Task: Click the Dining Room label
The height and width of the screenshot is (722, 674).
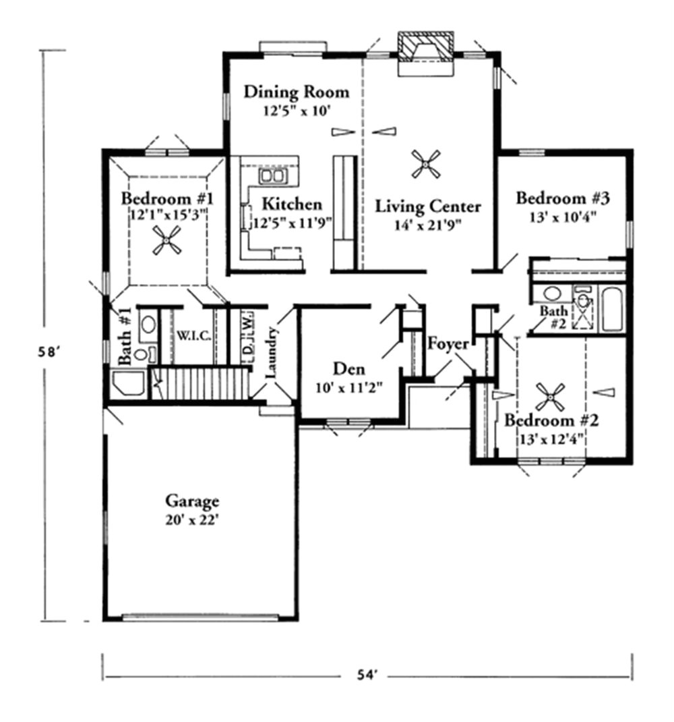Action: tap(297, 91)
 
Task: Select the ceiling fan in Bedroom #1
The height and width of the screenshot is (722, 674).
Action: tap(166, 240)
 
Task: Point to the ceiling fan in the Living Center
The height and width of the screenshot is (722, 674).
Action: tap(427, 163)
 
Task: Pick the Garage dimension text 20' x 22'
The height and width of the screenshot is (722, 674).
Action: tap(193, 520)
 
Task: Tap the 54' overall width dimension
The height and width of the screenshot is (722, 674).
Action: tap(367, 674)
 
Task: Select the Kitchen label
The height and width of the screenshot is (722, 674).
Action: tap(291, 204)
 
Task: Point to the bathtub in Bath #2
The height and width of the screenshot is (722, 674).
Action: tap(613, 309)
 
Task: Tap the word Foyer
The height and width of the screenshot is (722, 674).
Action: tap(448, 343)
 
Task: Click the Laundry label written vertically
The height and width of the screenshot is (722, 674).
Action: tap(271, 353)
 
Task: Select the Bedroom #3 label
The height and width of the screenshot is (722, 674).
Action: tap(563, 198)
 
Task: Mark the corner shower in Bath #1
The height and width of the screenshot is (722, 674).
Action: tap(128, 383)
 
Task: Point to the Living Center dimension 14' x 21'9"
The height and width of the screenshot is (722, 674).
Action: tap(428, 225)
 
